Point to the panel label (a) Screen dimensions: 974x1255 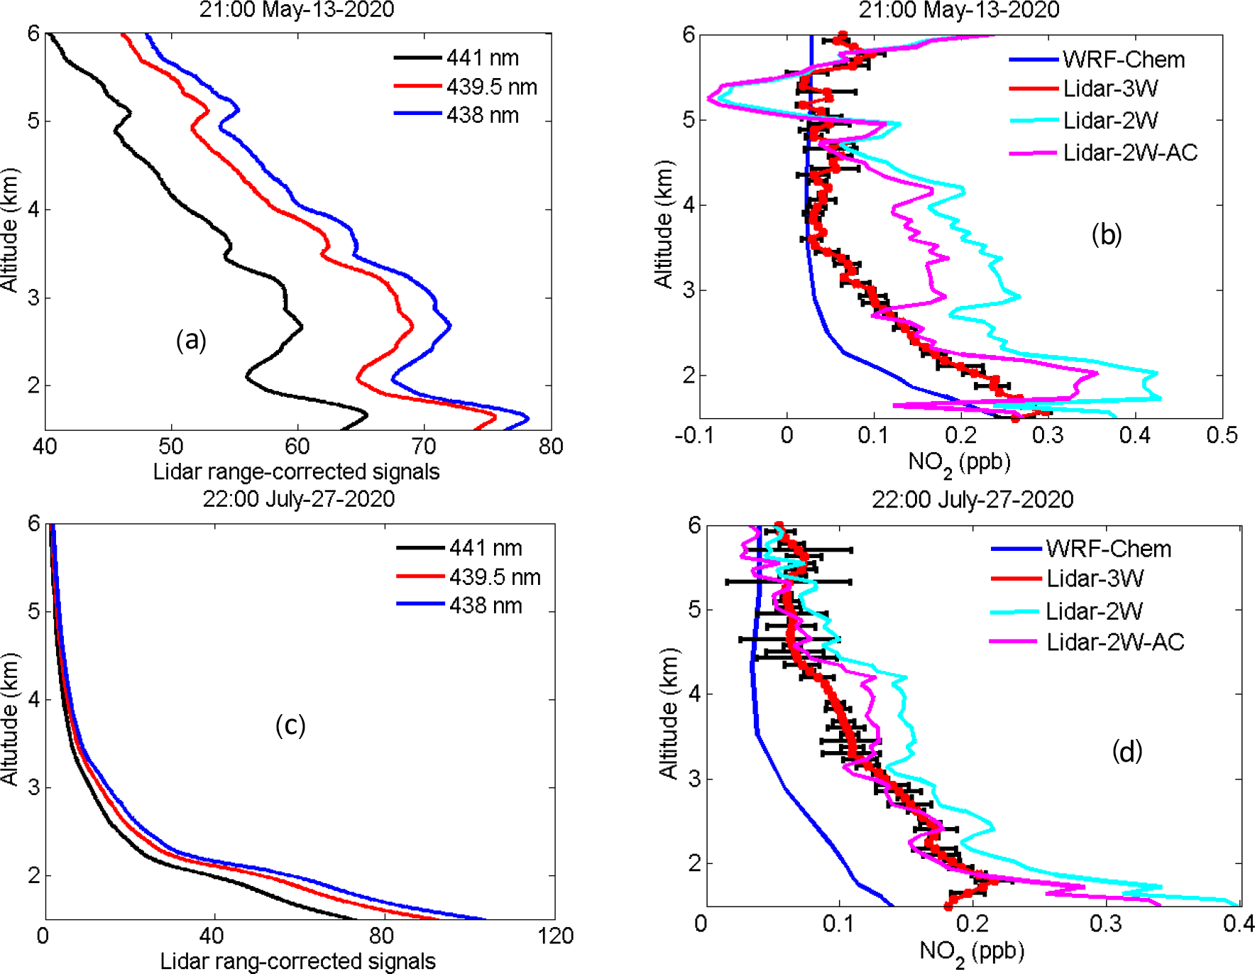click(x=191, y=340)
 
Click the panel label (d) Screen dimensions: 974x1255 click(x=1127, y=750)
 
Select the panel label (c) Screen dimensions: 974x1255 click(x=290, y=725)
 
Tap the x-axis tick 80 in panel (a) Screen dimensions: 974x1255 click(x=551, y=447)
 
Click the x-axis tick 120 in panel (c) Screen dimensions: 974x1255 click(x=555, y=936)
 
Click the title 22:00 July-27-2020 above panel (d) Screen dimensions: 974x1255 click(x=972, y=499)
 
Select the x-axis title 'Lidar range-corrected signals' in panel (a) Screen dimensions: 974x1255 click(x=296, y=471)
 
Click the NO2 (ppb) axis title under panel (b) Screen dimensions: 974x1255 click(x=959, y=463)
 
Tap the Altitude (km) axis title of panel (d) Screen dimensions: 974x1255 click(x=668, y=713)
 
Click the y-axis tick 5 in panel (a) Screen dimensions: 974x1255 click(x=33, y=121)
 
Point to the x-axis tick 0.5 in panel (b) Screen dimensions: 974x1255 click(x=1222, y=435)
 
